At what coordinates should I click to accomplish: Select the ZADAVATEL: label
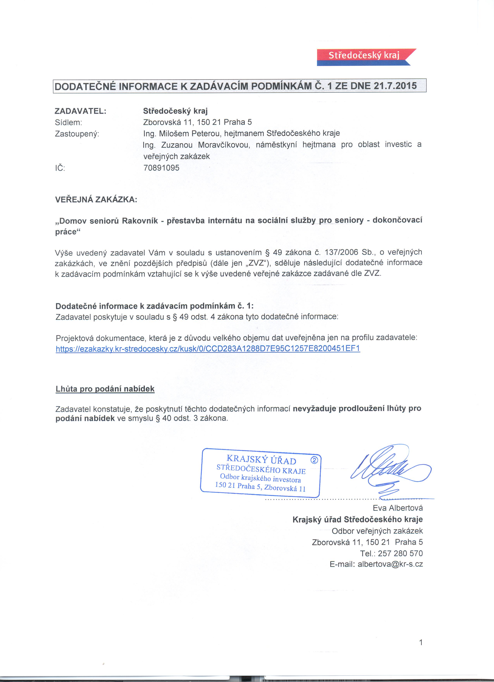81,111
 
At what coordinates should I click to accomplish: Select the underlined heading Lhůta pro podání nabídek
105,389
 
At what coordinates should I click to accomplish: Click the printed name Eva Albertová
398,508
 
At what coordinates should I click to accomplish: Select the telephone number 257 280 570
400,553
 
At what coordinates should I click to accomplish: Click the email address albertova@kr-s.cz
390,564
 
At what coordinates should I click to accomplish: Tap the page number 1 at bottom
421,642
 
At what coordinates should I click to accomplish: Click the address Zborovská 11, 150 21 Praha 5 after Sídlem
198,122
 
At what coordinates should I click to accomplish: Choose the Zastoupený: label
77,134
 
